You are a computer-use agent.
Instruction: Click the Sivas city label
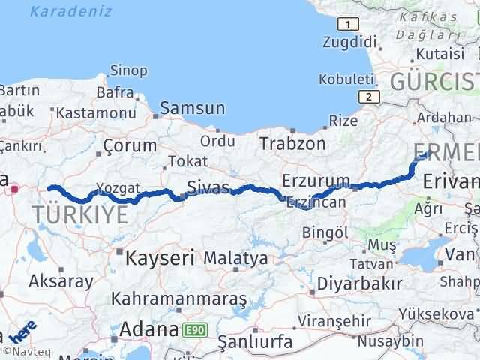[208, 186]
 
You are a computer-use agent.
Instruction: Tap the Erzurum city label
[316, 181]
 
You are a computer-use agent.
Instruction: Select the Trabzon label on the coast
[293, 143]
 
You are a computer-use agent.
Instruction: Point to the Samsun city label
[192, 108]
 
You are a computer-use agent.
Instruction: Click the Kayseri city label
[160, 258]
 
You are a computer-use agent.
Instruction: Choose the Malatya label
[235, 258]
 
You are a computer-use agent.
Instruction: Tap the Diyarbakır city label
[359, 283]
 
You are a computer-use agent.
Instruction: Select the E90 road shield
[194, 328]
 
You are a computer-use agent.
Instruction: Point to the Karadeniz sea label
[71, 11]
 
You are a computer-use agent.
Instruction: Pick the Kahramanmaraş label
[178, 298]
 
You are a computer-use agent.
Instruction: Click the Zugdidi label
[348, 42]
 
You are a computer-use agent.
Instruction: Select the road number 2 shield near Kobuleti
[367, 96]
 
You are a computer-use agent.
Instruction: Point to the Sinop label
[128, 70]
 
